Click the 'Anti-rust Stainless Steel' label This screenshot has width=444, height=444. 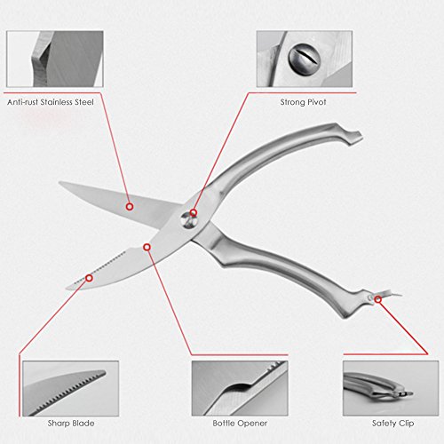[x=51, y=102]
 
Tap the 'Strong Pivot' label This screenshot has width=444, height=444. [x=303, y=102]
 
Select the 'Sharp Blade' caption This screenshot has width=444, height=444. [x=71, y=424]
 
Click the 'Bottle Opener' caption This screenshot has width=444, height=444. [x=240, y=424]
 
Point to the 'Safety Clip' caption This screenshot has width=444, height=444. [x=392, y=424]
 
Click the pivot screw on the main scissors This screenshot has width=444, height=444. [x=189, y=220]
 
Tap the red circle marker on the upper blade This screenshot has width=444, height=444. [x=130, y=207]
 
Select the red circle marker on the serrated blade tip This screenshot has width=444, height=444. [x=89, y=278]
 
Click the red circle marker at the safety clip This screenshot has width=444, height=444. [x=377, y=299]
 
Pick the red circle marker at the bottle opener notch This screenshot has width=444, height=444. [x=147, y=247]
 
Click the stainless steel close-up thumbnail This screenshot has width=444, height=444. [x=55, y=59]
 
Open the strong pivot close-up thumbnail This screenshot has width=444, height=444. [x=305, y=59]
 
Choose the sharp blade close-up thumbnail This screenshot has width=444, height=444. [x=71, y=388]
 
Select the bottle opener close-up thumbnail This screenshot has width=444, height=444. [x=240, y=388]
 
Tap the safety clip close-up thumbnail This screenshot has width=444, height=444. [x=391, y=388]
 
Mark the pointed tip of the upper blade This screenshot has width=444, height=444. [x=59, y=183]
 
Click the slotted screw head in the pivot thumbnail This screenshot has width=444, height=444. [x=305, y=59]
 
